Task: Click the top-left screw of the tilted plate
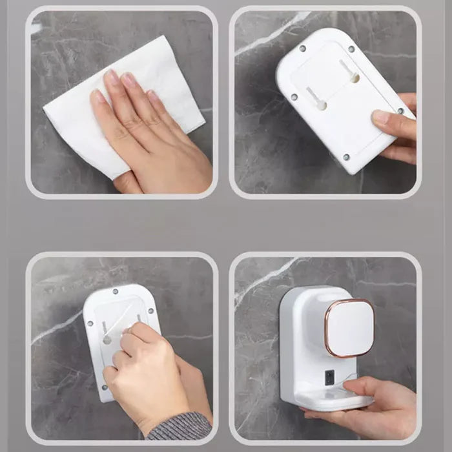point(302,48)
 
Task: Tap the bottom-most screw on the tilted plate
point(345,156)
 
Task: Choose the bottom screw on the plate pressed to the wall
point(104,387)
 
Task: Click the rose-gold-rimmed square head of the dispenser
point(349,327)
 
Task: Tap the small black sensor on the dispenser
point(329,377)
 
